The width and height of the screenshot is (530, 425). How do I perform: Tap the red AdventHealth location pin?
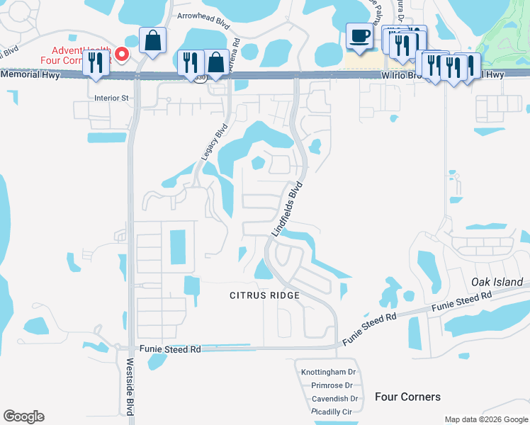tap(122, 53)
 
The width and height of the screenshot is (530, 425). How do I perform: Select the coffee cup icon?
tap(360, 36)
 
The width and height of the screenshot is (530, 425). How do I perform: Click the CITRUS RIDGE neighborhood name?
tap(264, 295)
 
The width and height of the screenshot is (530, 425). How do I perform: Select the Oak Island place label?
tap(497, 282)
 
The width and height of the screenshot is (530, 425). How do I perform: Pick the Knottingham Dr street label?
tap(331, 372)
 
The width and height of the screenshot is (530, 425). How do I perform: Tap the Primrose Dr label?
tap(332, 385)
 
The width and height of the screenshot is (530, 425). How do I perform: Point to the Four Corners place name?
tap(407, 397)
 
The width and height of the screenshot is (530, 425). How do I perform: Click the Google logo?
tap(23, 416)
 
